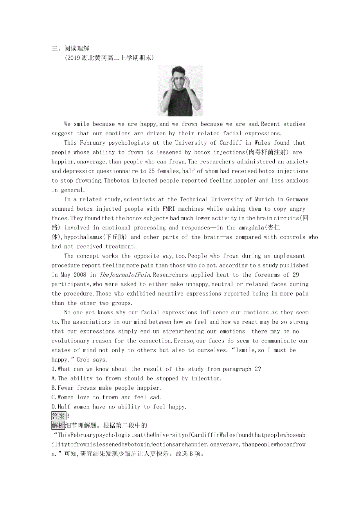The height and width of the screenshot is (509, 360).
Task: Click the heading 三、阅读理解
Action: click(70, 49)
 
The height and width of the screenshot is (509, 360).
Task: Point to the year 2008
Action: click(79, 275)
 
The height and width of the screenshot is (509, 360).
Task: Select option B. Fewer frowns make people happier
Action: click(106, 388)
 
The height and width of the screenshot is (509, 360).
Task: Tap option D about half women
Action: click(119, 407)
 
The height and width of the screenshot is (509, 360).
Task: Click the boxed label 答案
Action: click(58, 416)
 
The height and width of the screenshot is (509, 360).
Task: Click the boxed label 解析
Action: click(58, 425)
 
